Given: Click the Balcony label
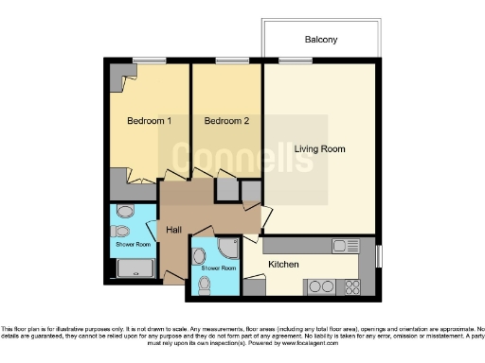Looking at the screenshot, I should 321,40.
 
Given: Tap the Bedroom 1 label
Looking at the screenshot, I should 150,121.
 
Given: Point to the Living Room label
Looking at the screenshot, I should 319,149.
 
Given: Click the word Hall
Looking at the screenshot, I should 174,230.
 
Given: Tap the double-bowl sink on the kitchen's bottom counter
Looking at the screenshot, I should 350,285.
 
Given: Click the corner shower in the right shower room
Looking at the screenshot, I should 228,248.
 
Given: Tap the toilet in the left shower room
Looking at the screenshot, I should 121,231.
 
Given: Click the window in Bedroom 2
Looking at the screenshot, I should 227,62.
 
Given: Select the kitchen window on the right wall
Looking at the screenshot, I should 377,255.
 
